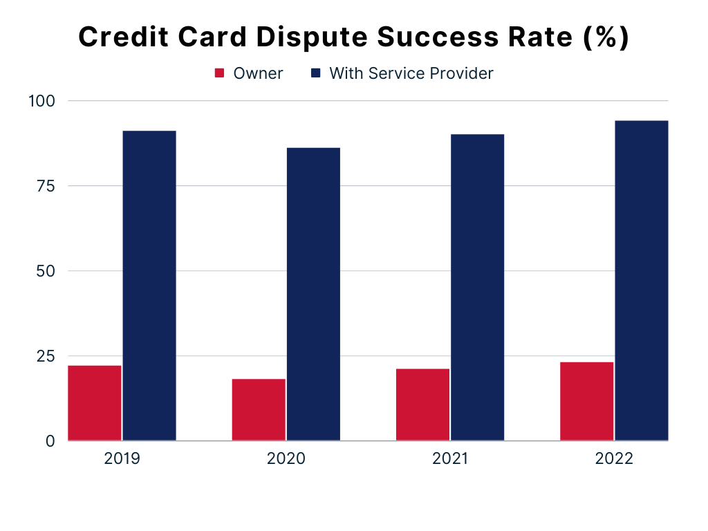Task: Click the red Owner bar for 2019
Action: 94,403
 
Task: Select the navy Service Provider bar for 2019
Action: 149,286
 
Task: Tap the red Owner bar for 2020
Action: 259,409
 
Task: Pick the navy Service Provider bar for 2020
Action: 313,294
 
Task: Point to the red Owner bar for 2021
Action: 422,404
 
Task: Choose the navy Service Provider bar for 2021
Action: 478,287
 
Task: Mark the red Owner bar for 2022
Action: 587,402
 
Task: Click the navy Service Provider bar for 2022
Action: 642,281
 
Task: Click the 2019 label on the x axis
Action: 122,459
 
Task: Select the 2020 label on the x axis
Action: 286,459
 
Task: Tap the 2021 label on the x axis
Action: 449,459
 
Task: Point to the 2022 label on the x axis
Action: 614,459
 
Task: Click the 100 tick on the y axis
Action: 42,101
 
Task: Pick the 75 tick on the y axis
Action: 46,186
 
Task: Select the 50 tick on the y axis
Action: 46,271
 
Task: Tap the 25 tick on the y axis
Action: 46,356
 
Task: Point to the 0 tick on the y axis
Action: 50,441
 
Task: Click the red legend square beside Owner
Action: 219,73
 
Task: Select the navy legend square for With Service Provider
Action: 315,73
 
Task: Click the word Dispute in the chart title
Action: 312,37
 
